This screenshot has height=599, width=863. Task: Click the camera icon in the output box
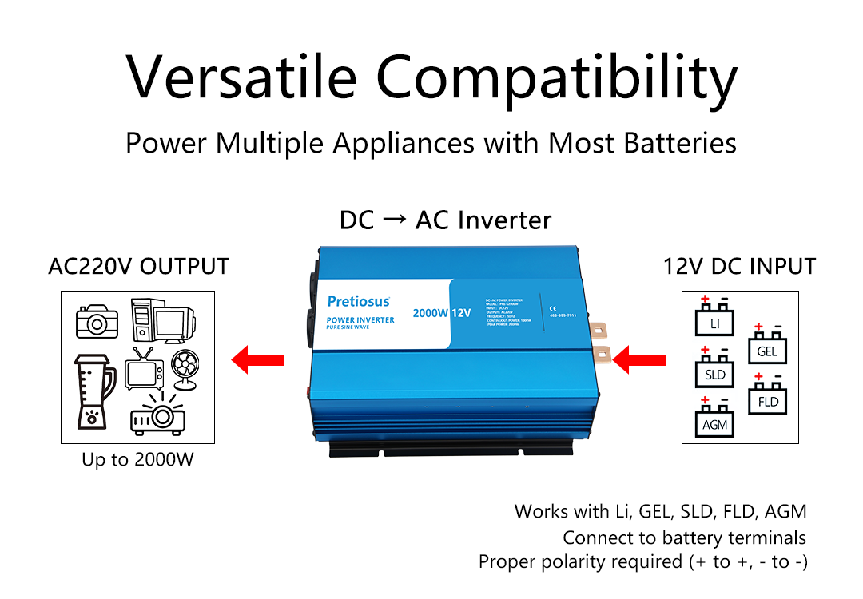(97, 320)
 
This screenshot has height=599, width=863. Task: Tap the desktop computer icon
(161, 319)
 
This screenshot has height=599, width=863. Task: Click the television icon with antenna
(144, 370)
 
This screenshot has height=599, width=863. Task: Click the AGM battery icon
(715, 419)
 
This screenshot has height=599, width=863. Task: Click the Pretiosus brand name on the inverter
(359, 301)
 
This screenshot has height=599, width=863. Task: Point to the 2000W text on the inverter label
(429, 313)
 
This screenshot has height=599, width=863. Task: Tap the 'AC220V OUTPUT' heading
(138, 266)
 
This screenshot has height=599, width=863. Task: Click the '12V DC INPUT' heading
(739, 266)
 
